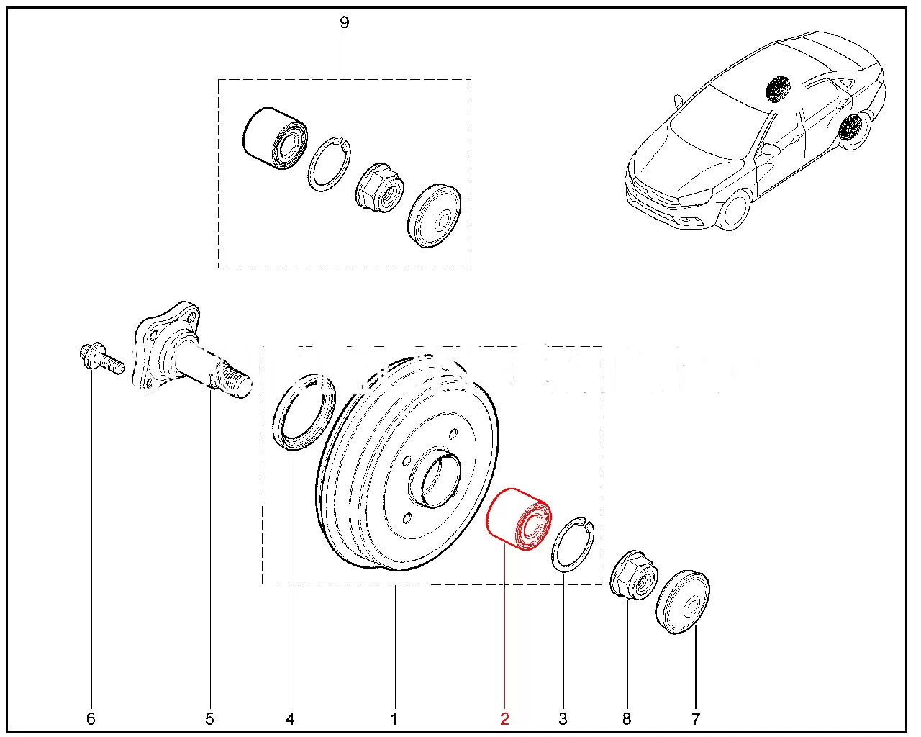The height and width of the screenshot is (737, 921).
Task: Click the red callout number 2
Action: [504, 718]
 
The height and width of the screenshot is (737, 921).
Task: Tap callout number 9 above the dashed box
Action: [344, 22]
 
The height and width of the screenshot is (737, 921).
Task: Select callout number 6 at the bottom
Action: [91, 718]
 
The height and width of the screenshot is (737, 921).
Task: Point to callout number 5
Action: [210, 718]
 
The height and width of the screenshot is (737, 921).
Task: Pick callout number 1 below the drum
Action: [394, 718]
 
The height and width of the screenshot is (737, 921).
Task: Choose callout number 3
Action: [563, 718]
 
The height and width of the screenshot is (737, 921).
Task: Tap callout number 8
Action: [626, 718]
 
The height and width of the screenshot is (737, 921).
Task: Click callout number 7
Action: [695, 718]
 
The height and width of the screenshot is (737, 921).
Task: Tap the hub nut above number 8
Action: [634, 574]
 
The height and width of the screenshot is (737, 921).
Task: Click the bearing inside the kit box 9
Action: [275, 137]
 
